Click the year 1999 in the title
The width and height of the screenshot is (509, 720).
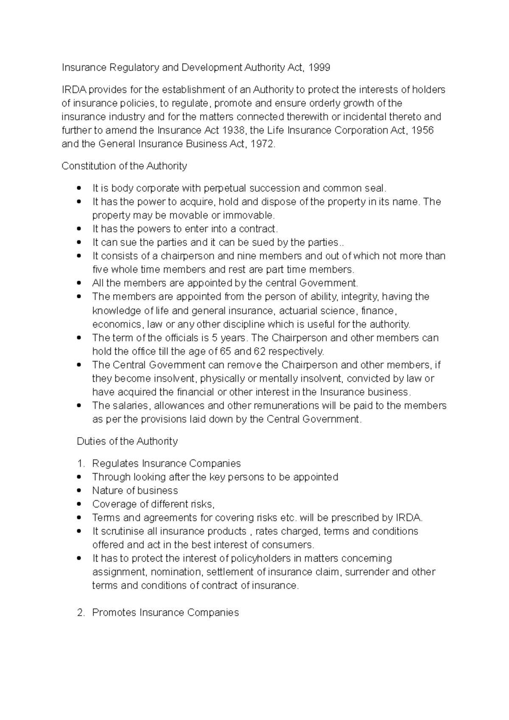coord(319,67)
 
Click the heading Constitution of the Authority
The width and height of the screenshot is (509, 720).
coord(124,166)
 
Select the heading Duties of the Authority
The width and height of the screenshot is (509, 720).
coord(127,441)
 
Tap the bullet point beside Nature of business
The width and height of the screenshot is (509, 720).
coord(79,491)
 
